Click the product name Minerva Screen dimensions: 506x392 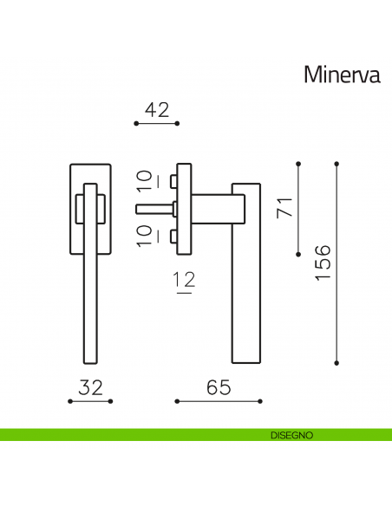pyautogui.click(x=343, y=75)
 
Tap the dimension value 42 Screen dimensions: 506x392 pyautogui.click(x=157, y=110)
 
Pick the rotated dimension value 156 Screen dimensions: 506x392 pyautogui.click(x=323, y=262)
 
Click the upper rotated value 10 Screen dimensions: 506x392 pyautogui.click(x=146, y=182)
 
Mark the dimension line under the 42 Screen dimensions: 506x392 pyautogui.click(x=157, y=124)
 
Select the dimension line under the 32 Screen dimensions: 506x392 pyautogui.click(x=91, y=401)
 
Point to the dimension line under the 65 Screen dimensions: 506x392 pyautogui.click(x=219, y=401)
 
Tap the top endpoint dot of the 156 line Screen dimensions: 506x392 pyautogui.click(x=336, y=162)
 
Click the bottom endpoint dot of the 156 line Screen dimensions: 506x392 pyautogui.click(x=336, y=361)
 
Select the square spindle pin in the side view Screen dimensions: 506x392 pyautogui.click(x=156, y=208)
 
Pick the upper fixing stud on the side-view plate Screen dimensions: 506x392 pyautogui.click(x=173, y=181)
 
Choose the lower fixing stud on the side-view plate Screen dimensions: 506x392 pyautogui.click(x=173, y=237)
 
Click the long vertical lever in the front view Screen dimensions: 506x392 pyautogui.click(x=90, y=286)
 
